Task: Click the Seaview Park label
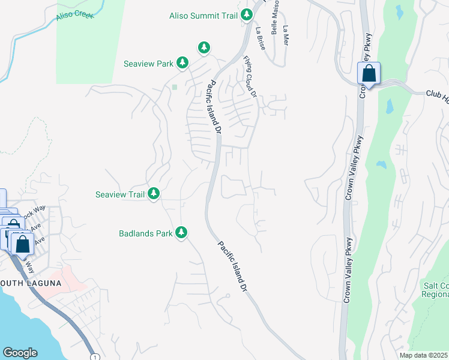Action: [x=148, y=63]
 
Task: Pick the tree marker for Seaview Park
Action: [x=182, y=62]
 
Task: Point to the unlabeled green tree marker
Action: [x=204, y=47]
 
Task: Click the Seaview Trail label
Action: [x=120, y=194]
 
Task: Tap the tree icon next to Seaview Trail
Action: [x=154, y=193]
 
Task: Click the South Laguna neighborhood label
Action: [x=30, y=283]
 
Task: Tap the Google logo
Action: [x=20, y=353]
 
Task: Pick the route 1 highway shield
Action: [x=95, y=357]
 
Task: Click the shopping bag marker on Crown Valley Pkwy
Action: [x=369, y=74]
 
